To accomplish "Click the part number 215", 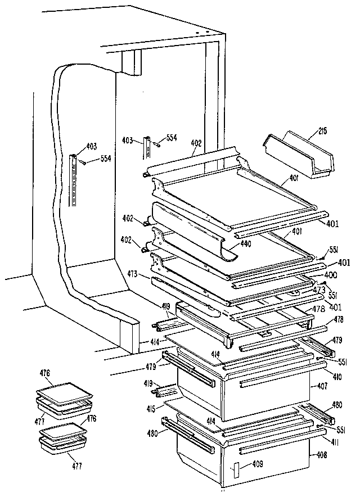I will pos(322,132).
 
